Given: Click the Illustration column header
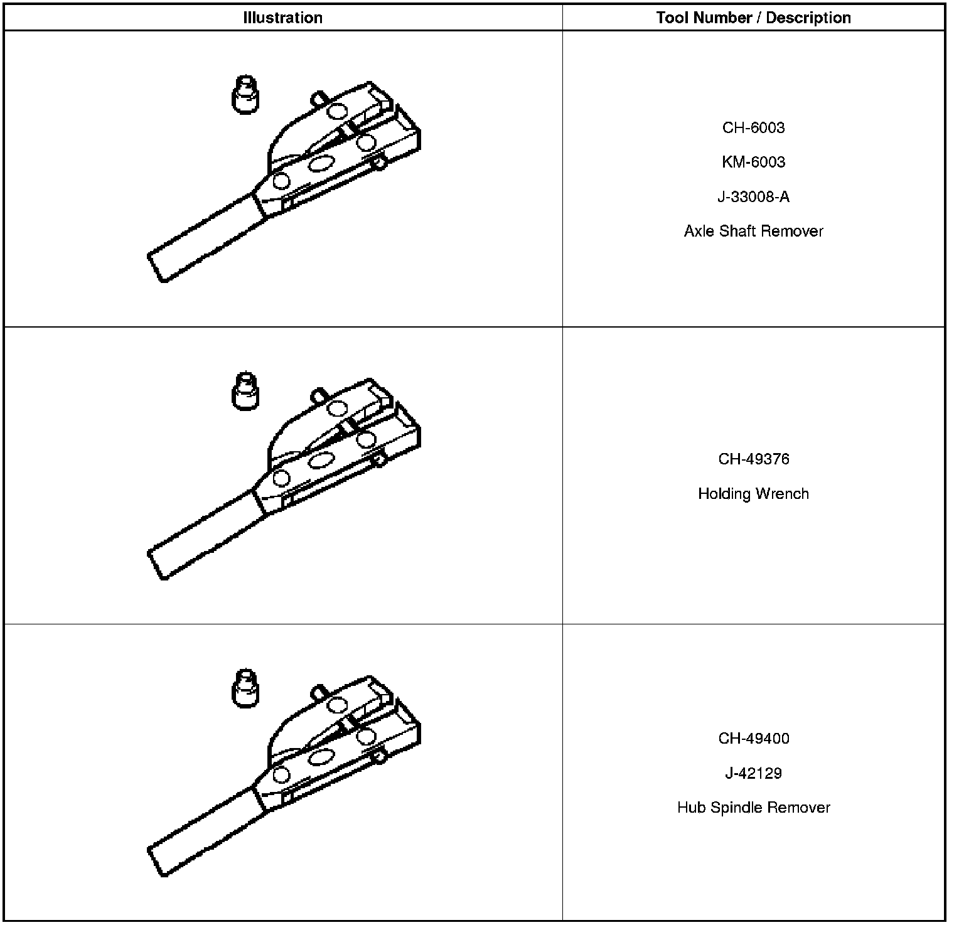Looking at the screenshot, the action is tap(283, 18).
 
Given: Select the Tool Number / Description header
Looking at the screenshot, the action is tap(754, 18).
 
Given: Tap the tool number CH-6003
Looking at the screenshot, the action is tap(754, 127).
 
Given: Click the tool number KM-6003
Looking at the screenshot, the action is tap(754, 162).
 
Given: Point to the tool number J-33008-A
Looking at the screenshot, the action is tap(754, 197).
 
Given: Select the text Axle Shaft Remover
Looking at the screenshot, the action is tap(754, 231).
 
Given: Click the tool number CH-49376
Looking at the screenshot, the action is tap(754, 459).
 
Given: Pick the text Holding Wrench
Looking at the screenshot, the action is tap(754, 494).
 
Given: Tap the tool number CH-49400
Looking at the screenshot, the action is tap(754, 739).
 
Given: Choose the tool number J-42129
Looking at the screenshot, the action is tap(754, 773).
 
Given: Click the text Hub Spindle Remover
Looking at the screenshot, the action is tap(754, 808).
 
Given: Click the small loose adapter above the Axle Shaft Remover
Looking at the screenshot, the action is tap(245, 95).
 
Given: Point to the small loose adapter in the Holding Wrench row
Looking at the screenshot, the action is tap(245, 391).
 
